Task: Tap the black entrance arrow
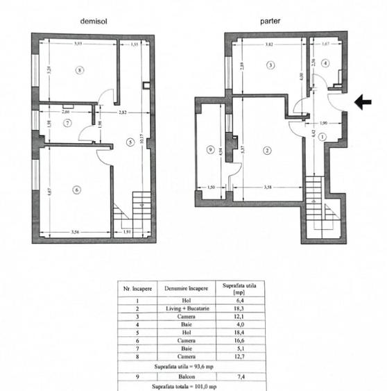(x=363, y=103)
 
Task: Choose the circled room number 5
(x=130, y=142)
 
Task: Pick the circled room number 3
(x=271, y=65)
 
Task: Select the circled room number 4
(x=325, y=62)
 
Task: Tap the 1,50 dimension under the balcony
(x=211, y=186)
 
